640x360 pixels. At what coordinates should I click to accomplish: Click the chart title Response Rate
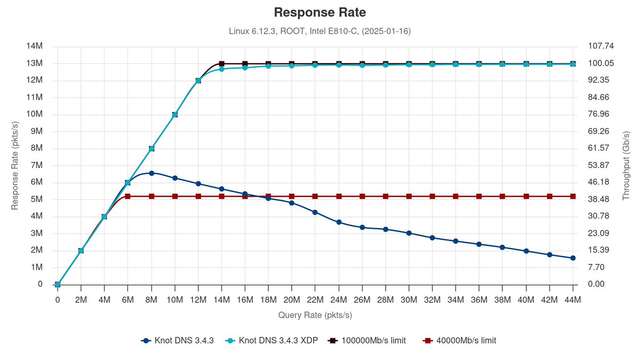pyautogui.click(x=319, y=12)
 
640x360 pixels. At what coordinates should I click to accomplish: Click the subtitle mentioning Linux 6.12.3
pyautogui.click(x=319, y=31)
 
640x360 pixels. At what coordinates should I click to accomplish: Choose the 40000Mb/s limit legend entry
pyautogui.click(x=462, y=340)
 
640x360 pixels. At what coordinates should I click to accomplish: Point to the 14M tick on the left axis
pyautogui.click(x=34, y=46)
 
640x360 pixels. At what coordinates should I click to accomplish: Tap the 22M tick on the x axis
pyautogui.click(x=315, y=300)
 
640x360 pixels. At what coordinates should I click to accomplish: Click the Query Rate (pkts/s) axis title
pyautogui.click(x=315, y=315)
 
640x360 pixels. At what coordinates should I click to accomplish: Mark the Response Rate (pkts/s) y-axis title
pyautogui.click(x=15, y=165)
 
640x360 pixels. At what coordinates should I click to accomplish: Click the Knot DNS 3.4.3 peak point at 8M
pyautogui.click(x=151, y=173)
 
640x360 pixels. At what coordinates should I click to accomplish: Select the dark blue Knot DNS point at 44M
pyautogui.click(x=573, y=258)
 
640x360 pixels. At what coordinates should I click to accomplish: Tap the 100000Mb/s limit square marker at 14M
pyautogui.click(x=222, y=64)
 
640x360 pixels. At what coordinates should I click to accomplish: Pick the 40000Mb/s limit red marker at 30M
pyautogui.click(x=409, y=196)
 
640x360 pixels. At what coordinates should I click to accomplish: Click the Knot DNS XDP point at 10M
pyautogui.click(x=175, y=115)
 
